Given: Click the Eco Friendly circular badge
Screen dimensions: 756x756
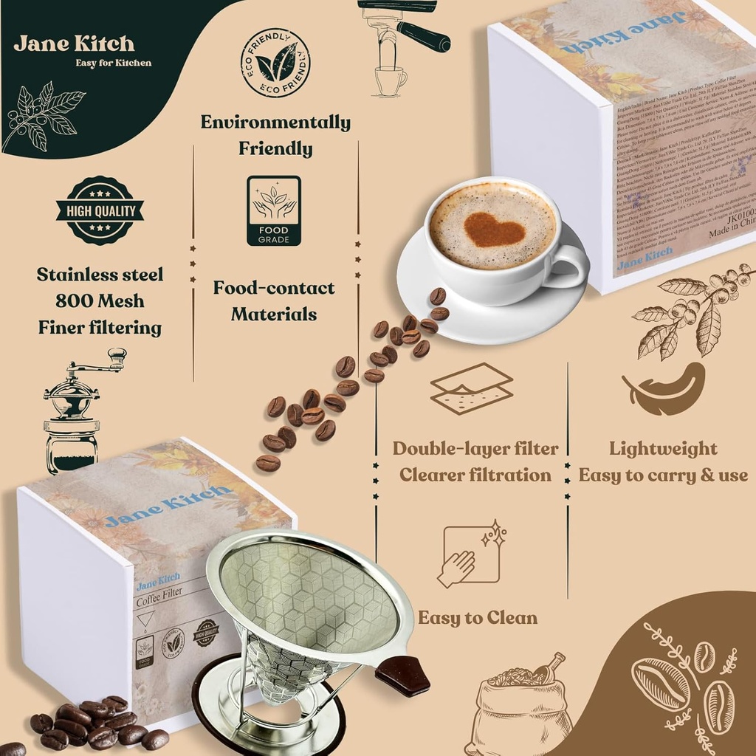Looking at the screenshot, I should tap(275, 62).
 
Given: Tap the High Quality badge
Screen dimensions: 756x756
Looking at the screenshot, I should tap(100, 210).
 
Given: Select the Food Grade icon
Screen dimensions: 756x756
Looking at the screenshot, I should tap(274, 210).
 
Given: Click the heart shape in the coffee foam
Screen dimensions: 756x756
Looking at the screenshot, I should tap(494, 230).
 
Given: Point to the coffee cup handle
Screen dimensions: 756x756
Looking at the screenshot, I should tap(569, 267).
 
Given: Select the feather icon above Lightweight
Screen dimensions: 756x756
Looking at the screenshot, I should tap(664, 389).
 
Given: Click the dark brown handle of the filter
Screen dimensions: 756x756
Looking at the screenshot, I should tap(402, 674).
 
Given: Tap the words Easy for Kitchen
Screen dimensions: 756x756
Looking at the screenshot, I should tap(113, 63).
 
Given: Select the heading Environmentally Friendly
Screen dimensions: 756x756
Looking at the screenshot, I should tap(275, 135).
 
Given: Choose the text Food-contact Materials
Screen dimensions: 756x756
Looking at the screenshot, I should tap(274, 301).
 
